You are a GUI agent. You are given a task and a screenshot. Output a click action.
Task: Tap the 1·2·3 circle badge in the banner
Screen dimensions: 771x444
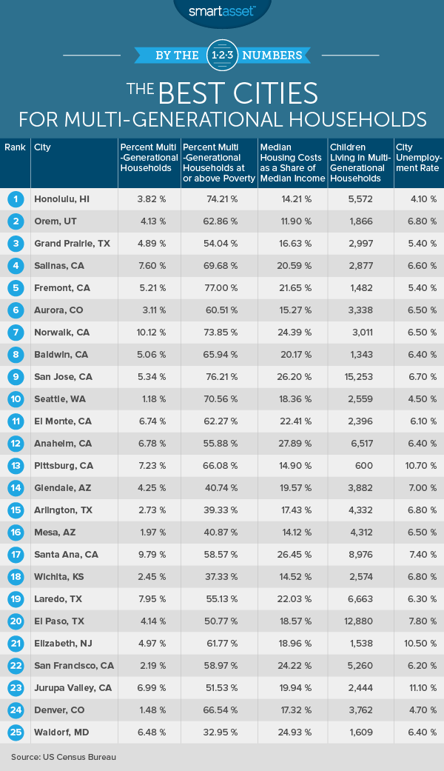(x=221, y=55)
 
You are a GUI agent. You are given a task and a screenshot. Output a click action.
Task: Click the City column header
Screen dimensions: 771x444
(x=41, y=147)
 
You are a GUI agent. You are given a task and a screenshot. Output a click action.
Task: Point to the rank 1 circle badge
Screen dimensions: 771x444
(x=15, y=198)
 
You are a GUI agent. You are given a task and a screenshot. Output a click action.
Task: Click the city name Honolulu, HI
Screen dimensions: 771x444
(x=62, y=198)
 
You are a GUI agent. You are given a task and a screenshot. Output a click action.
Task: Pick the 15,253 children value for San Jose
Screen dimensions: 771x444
(x=360, y=376)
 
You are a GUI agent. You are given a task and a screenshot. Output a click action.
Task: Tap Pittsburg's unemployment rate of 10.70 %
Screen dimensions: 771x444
(x=418, y=465)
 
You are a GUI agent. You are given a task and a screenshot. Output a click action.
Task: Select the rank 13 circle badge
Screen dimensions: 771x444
(x=15, y=465)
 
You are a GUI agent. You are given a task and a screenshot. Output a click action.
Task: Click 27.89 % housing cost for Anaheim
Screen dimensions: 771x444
(x=292, y=443)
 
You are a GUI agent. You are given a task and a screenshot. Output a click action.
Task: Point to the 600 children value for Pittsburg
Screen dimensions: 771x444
(x=360, y=465)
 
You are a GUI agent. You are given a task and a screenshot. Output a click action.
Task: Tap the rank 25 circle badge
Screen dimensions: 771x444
(x=15, y=732)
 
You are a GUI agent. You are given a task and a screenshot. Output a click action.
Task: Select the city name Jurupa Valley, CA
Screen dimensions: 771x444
(x=73, y=687)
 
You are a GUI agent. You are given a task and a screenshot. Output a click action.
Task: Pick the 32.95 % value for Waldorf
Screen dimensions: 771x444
(x=218, y=732)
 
